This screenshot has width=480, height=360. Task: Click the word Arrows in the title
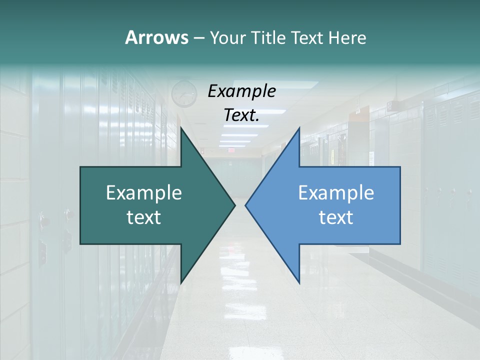coord(156,37)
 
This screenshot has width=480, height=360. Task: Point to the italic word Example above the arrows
coord(241,91)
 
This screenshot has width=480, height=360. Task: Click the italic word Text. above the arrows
coord(241,115)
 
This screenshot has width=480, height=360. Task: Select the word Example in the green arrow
coord(144,192)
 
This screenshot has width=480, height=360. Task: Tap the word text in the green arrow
coord(144,217)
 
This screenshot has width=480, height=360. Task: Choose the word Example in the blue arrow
coord(336,192)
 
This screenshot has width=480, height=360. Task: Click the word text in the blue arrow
coord(336,217)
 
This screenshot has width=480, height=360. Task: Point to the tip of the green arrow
coord(234,205)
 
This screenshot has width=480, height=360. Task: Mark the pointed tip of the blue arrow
coord(246,205)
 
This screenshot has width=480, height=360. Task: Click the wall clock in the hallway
coord(184,93)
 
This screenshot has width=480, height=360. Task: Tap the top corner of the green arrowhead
coord(181,128)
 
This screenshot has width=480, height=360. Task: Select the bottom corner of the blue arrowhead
coord(299,282)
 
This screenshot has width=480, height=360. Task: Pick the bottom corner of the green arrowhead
coord(181,282)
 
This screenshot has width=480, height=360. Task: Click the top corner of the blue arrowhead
coord(299,128)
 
